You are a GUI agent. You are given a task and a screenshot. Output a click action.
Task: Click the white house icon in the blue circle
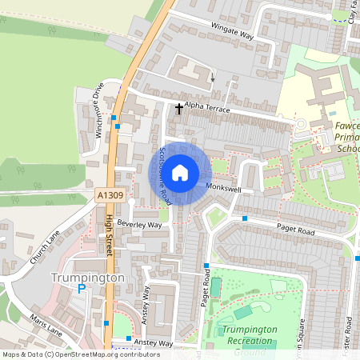click(181, 172)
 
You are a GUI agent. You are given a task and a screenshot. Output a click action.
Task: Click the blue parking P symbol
click(81, 290)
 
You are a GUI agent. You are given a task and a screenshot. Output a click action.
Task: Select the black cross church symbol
click(178, 106)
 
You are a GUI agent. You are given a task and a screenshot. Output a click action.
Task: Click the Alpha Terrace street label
click(207, 108)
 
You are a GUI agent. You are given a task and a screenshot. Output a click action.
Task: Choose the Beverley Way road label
click(139, 226)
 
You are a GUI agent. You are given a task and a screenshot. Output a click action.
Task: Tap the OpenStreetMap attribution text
click(70, 354)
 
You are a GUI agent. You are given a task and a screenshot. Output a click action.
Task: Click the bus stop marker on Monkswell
click(245, 218)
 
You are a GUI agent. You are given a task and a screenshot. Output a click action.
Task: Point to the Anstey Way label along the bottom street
click(152, 343)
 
